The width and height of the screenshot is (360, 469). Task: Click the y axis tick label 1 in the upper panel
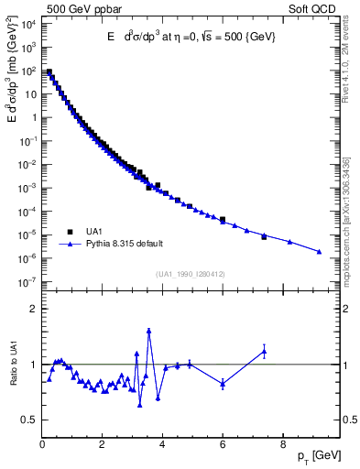tap(33, 117)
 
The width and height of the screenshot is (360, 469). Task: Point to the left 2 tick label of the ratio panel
tap(33, 309)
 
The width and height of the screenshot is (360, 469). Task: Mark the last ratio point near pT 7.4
tap(264, 351)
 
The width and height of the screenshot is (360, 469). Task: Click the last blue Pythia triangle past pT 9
tap(319, 252)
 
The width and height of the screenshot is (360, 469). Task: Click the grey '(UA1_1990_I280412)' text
tap(191, 273)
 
